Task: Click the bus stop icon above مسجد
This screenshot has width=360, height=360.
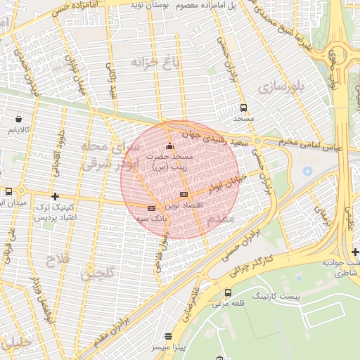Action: click(x=243, y=108)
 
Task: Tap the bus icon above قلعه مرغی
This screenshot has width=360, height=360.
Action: click(x=227, y=292)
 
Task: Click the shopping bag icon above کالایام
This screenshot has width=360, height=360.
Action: click(x=18, y=119)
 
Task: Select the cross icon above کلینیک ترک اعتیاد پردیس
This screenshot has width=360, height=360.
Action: click(x=55, y=195)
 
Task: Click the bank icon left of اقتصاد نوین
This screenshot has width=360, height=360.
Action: click(x=184, y=195)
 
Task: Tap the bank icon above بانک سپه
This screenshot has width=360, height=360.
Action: click(x=151, y=208)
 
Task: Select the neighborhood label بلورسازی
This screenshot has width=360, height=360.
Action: click(x=278, y=87)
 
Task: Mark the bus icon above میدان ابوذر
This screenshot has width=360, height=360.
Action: click(x=8, y=191)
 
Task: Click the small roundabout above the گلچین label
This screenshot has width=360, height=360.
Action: click(x=89, y=266)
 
